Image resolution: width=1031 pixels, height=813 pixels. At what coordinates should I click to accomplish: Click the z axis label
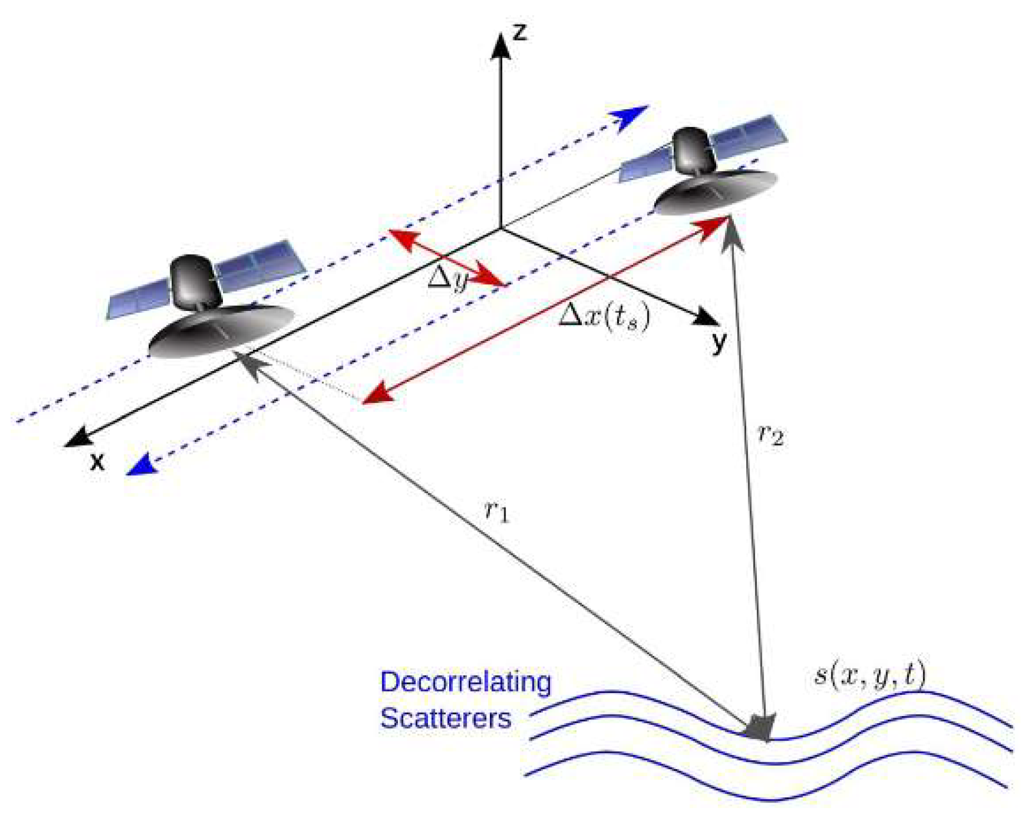[519, 32]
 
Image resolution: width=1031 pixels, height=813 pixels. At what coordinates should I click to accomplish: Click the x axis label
[98, 461]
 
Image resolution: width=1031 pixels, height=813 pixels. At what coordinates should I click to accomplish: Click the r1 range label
[497, 510]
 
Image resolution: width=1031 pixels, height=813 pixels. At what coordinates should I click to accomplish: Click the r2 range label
[771, 434]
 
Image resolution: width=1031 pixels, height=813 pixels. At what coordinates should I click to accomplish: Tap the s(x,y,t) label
[869, 675]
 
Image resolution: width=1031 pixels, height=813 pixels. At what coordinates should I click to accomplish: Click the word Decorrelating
[465, 681]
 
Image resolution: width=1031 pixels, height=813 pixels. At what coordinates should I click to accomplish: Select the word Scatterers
[445, 718]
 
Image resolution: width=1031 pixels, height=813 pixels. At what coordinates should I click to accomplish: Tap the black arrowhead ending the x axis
[78, 438]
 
